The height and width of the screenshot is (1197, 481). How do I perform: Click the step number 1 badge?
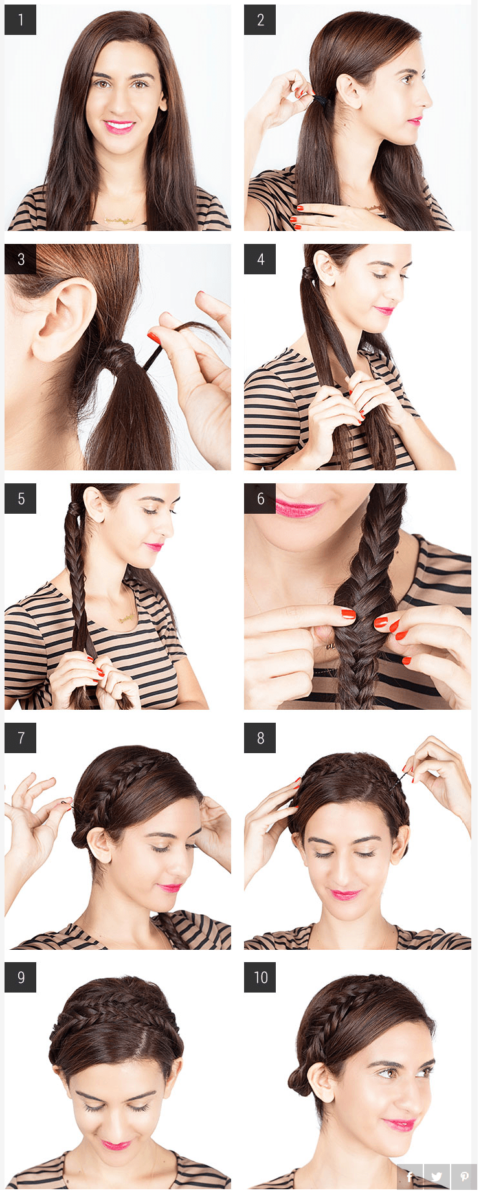(20, 19)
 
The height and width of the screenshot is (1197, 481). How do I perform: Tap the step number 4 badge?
(260, 259)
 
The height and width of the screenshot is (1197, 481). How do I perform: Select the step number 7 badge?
(20, 738)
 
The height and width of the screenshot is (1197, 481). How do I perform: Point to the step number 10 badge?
(260, 977)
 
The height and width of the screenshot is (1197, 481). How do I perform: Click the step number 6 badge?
(260, 498)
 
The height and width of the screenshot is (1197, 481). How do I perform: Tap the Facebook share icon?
(410, 1176)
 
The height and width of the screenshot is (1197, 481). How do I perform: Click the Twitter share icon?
(437, 1176)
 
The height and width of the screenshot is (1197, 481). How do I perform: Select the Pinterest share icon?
(464, 1176)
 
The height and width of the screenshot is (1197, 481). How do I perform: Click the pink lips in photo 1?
(119, 126)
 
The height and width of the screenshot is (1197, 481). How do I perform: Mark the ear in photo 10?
(322, 1082)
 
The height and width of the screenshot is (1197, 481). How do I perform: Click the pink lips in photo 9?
(117, 1145)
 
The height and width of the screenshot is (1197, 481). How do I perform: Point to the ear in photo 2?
(349, 91)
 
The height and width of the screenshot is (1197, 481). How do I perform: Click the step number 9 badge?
(20, 977)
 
